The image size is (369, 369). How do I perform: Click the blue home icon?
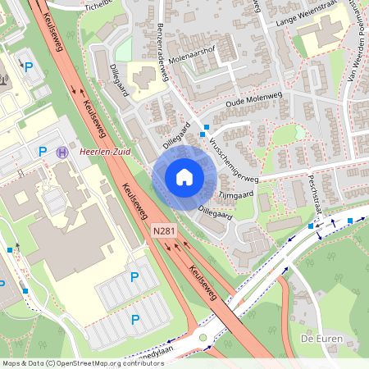click(184, 177)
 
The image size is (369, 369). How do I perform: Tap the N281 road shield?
click(165, 232)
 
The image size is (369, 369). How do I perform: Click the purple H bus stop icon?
click(62, 152)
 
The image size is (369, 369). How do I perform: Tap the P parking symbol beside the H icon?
click(43, 151)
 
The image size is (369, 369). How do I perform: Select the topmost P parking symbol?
click(30, 66)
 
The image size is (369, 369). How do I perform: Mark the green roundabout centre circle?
click(203, 337)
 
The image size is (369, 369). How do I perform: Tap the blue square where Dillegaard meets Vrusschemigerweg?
click(205, 127)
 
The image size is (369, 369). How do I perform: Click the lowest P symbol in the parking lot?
click(135, 319)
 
